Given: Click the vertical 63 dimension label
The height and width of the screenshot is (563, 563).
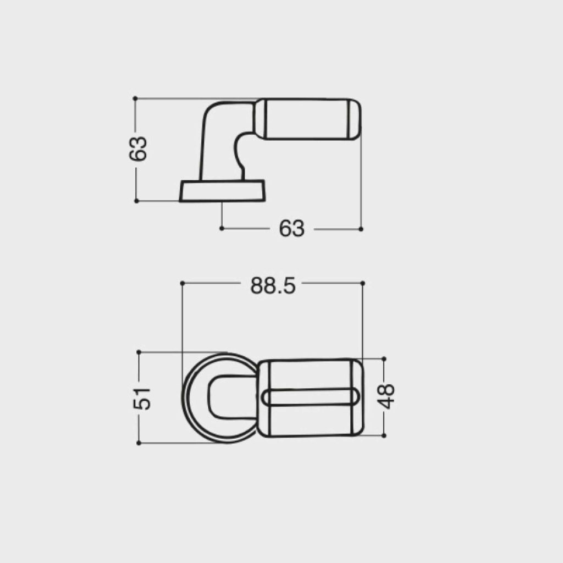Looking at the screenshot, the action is point(138,148).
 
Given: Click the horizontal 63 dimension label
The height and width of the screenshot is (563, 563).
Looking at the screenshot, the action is point(291,228).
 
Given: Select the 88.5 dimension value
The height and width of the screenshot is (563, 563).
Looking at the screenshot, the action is point(273,286).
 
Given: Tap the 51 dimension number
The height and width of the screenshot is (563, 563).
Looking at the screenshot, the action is point(142,399).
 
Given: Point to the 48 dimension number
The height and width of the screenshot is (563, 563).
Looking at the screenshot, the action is point(387,396).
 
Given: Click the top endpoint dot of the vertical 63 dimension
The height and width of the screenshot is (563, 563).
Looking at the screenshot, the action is point(135,98).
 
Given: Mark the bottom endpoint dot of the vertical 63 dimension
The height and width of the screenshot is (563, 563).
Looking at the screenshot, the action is point(136,201).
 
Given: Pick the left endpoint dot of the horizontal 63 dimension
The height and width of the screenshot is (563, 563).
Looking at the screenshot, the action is point(222,228).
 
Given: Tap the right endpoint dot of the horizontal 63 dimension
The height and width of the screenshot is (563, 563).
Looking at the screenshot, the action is point(361,229).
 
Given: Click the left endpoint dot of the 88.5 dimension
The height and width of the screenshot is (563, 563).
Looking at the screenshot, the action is point(182,283).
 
